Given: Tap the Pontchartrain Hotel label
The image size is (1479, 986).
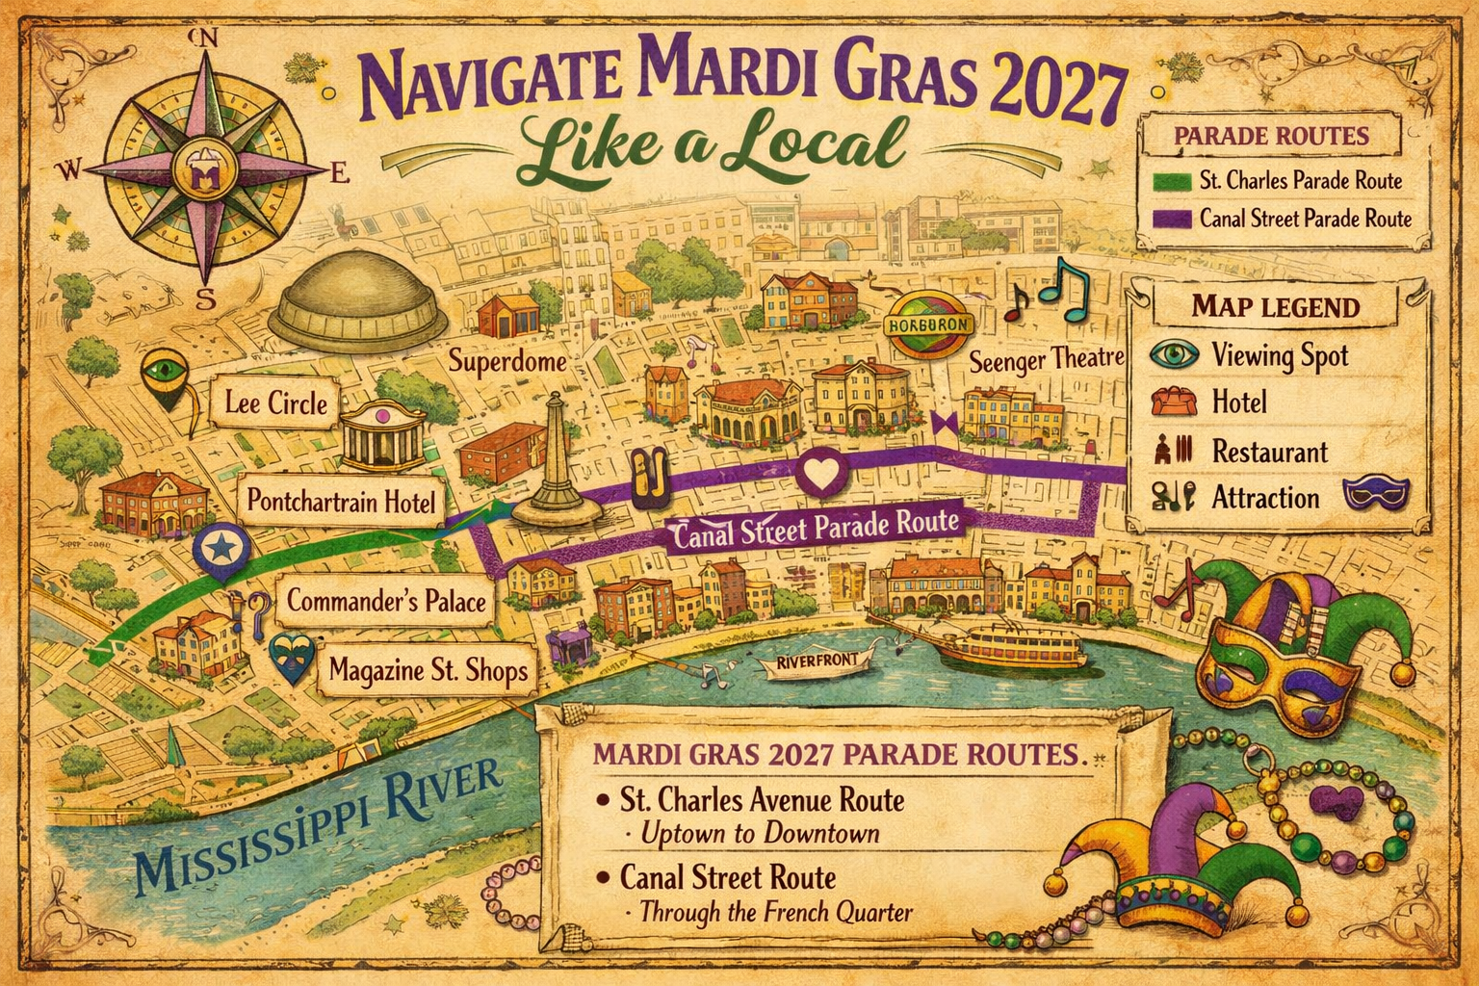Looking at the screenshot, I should (341, 501).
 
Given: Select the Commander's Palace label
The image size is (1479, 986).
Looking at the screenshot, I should (385, 602).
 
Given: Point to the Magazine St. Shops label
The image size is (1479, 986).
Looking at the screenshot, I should (428, 668).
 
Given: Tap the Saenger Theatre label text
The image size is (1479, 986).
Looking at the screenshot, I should (1046, 361).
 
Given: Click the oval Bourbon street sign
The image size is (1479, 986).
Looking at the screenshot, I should (929, 324).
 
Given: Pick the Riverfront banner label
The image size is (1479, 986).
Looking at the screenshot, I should (817, 663).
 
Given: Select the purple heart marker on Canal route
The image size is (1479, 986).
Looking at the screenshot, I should (821, 473).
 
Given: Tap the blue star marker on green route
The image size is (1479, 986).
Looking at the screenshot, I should (221, 550).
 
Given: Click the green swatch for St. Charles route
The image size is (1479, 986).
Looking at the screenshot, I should (1171, 180).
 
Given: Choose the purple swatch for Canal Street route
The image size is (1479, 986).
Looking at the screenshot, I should (1171, 219).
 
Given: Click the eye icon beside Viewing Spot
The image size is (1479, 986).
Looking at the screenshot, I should (1174, 354).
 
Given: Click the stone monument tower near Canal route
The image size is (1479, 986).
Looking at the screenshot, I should (555, 462).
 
